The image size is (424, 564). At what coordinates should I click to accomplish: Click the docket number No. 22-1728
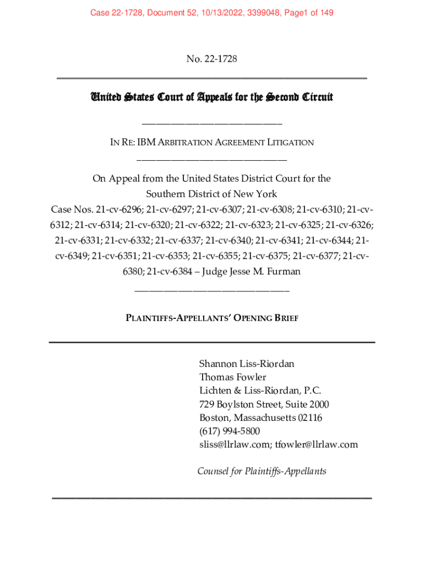click(x=211, y=59)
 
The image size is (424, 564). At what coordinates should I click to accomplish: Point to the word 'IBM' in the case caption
click(x=146, y=143)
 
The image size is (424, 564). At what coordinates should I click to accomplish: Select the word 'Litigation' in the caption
click(x=290, y=143)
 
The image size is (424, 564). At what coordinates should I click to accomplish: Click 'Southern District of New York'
click(x=211, y=194)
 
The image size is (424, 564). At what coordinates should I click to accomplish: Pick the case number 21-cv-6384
click(x=172, y=272)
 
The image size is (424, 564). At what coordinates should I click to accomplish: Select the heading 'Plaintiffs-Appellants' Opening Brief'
click(x=212, y=318)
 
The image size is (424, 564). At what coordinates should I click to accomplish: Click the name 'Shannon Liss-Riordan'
click(x=247, y=364)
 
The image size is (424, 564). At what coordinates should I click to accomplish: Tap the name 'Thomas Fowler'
click(x=232, y=377)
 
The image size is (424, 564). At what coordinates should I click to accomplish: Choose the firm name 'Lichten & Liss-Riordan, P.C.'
click(x=260, y=391)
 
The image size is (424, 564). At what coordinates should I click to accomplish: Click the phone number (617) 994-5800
click(x=230, y=431)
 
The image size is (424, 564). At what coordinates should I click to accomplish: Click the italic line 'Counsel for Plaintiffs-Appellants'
click(x=262, y=471)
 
